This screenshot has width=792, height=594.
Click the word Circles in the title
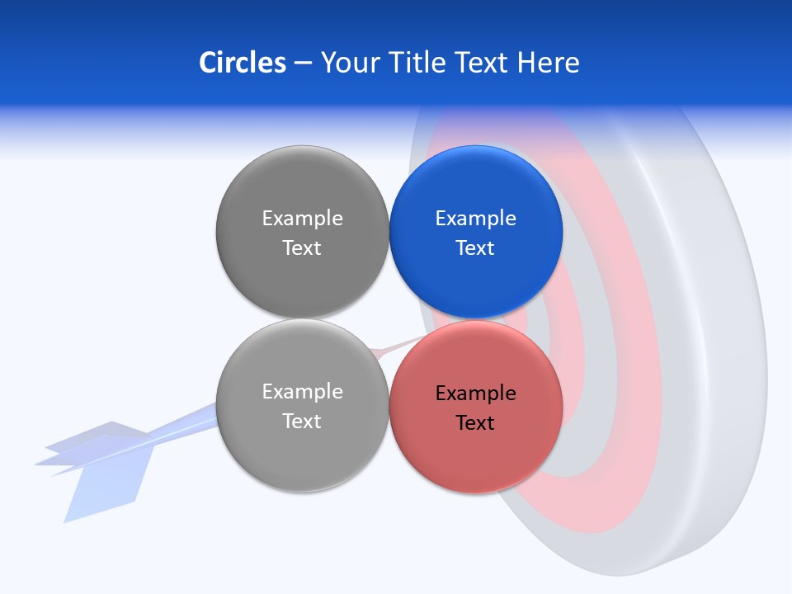[242, 63]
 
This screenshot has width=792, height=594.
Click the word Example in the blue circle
[475, 219]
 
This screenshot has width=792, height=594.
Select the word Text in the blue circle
[475, 248]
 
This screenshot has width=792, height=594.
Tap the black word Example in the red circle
[475, 394]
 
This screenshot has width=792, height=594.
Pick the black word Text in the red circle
[475, 423]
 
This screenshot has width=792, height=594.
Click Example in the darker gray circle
[302, 219]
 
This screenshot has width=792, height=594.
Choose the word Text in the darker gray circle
[302, 248]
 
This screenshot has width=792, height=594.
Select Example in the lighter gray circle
[302, 392]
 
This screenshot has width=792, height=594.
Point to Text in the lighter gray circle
[302, 422]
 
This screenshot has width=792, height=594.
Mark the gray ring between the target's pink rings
[602, 346]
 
